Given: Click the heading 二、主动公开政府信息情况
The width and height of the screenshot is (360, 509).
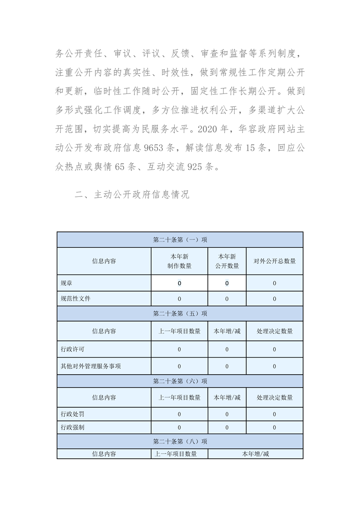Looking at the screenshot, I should (132, 195).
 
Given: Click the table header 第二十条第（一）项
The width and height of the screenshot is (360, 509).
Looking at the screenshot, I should (180, 240).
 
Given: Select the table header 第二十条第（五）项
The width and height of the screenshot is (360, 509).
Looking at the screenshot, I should (180, 313).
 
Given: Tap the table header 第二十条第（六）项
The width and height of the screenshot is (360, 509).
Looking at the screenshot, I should (180, 381).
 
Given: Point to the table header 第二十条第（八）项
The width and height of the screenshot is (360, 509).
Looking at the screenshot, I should (180, 441).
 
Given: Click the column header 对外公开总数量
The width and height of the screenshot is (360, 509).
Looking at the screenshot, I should (274, 261).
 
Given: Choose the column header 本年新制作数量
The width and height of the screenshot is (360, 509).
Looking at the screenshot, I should (179, 261).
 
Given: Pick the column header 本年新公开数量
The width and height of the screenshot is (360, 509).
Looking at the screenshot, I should (227, 261).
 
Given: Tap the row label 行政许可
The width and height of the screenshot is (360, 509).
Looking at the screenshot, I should (72, 349).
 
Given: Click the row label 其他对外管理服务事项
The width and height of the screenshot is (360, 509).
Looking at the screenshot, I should (90, 366).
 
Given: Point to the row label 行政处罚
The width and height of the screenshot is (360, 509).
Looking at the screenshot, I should (72, 414).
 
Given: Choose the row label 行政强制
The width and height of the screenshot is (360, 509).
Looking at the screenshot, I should (72, 427).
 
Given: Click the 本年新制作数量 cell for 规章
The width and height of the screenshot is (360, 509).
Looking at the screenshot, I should (179, 283).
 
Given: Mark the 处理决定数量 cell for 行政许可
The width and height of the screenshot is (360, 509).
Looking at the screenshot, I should (274, 349).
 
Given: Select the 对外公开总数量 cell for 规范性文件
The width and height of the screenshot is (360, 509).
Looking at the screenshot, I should (274, 299).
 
